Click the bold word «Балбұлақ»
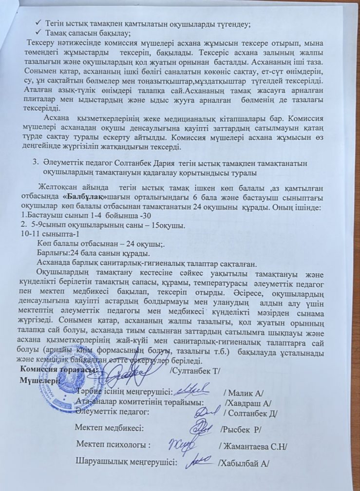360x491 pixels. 84,196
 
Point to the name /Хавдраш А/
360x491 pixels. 248,403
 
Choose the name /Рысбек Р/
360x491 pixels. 241,430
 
